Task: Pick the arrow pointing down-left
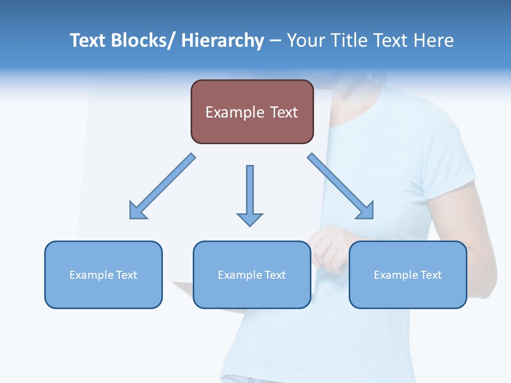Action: pos(162,186)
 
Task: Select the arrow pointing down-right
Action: pos(341,186)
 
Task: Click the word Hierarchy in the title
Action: pos(222,40)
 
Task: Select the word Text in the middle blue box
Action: pos(274,275)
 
